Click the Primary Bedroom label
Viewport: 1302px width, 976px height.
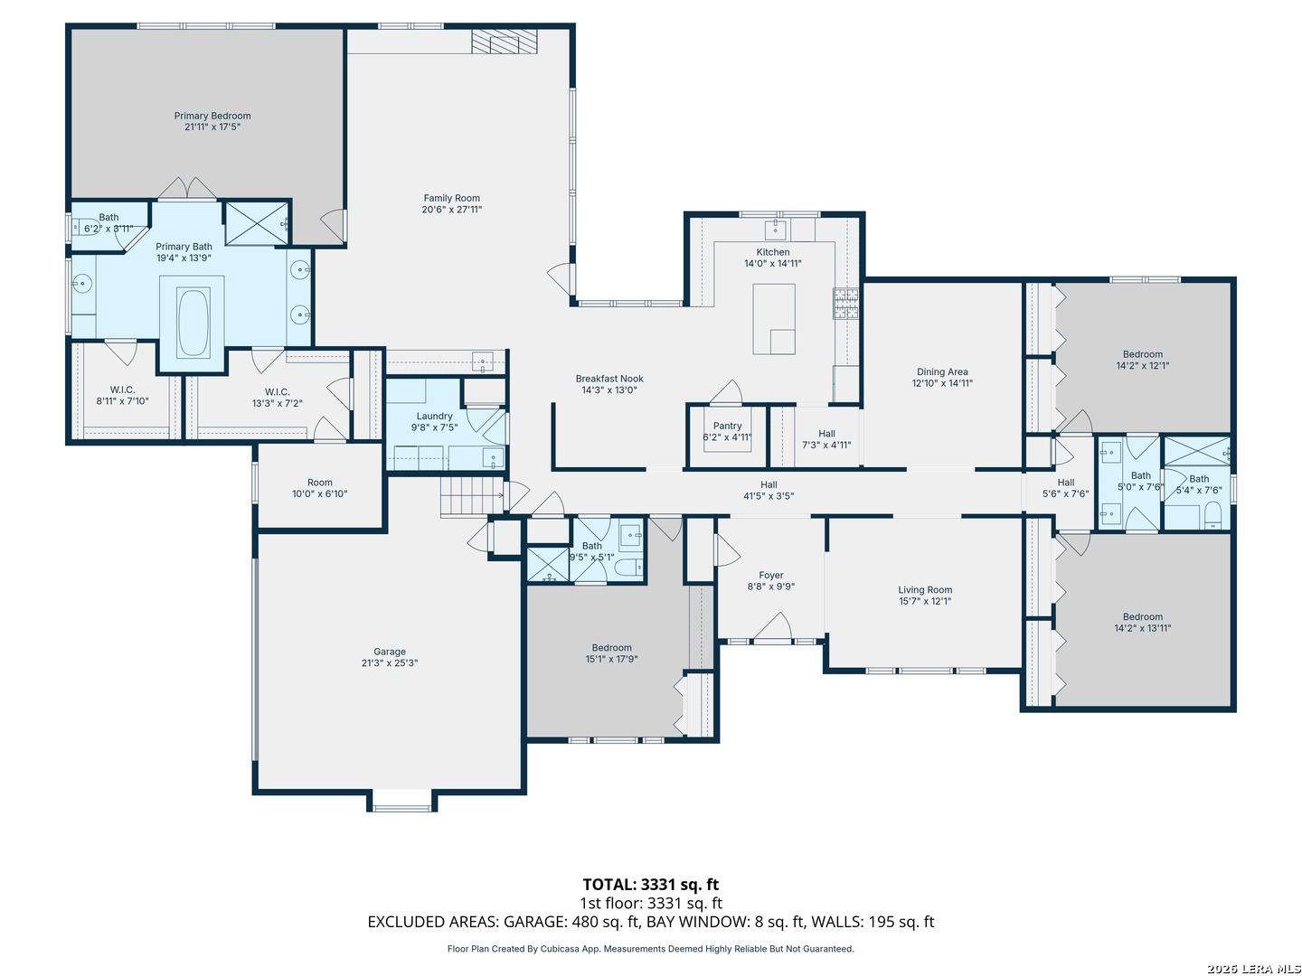[212, 116]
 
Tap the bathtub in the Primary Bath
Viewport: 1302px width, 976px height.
[193, 323]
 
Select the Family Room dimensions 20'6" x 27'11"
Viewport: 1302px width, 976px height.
[451, 209]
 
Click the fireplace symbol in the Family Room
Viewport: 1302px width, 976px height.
[495, 42]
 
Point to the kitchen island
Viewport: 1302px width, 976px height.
[774, 319]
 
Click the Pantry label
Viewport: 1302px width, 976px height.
[727, 426]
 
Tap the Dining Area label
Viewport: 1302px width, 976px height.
[942, 371]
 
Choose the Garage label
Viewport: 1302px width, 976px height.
[389, 652]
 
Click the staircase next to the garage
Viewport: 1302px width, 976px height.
[472, 495]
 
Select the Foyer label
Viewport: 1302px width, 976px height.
[770, 575]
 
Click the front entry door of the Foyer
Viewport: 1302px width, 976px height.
[772, 627]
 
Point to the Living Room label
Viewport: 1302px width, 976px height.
[925, 589]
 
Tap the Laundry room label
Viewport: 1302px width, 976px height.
[434, 416]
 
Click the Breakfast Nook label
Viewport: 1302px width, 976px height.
[609, 379]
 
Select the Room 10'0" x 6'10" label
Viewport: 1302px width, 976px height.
[320, 488]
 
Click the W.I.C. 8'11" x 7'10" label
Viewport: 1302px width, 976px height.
[122, 395]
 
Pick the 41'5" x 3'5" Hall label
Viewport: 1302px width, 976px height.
[769, 490]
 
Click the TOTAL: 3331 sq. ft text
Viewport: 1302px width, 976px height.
[651, 884]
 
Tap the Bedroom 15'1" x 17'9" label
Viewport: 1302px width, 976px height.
[611, 653]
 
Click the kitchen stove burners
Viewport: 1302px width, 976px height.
[845, 304]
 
